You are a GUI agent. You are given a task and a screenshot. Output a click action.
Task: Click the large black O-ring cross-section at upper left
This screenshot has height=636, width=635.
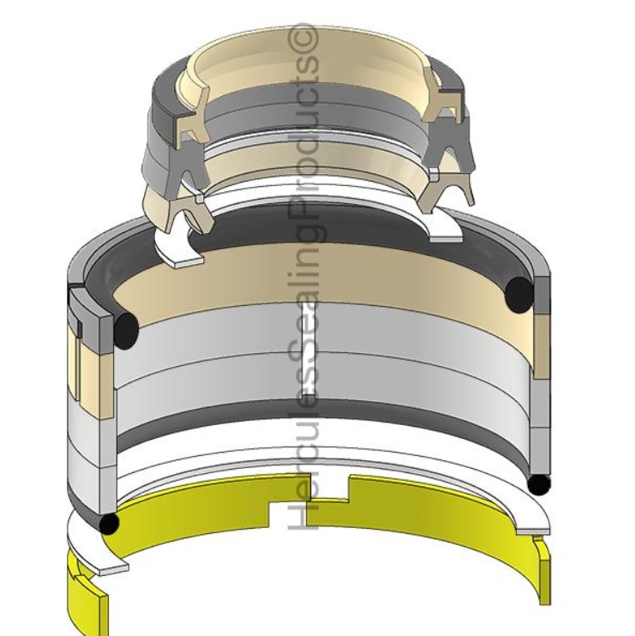126,328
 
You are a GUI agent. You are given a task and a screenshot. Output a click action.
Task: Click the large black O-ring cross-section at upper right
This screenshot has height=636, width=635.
520,293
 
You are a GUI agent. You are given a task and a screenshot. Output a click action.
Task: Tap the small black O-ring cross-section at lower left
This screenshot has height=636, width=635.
110,523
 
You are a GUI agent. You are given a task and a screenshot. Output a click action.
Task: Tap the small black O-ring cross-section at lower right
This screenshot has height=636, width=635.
538,484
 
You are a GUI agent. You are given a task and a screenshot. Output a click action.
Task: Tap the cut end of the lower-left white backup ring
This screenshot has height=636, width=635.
112,567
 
